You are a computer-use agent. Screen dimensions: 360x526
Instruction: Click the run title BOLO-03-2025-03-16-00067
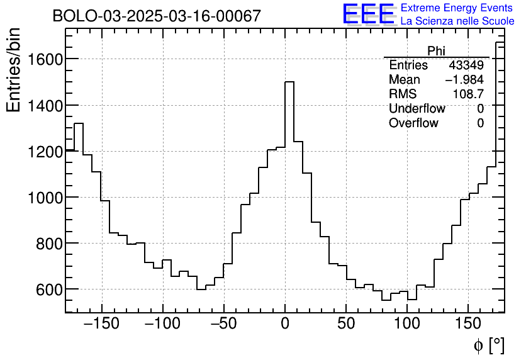pos(156,16)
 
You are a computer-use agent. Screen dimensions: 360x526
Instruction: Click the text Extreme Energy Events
pos(456,8)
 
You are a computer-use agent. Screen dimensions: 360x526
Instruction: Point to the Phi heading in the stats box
pos(436,51)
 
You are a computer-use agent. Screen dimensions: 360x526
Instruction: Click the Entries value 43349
pos(466,65)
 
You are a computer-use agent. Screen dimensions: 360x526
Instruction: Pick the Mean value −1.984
pos(464,80)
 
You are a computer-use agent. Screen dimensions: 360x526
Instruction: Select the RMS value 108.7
pos(469,94)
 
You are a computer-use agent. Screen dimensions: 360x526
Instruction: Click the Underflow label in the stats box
pos(417,109)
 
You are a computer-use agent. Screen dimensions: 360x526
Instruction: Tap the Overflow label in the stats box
pos(413,123)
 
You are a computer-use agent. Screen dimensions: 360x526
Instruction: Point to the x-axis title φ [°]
pos(488,345)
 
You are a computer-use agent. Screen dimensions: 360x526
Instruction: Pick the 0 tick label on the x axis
pos(285,324)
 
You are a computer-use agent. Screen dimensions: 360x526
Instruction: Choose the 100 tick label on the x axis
pos(407,324)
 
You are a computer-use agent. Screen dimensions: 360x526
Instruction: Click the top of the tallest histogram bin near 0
pos(289,82)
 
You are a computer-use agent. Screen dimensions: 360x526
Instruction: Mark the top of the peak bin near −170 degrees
pos(79,123)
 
